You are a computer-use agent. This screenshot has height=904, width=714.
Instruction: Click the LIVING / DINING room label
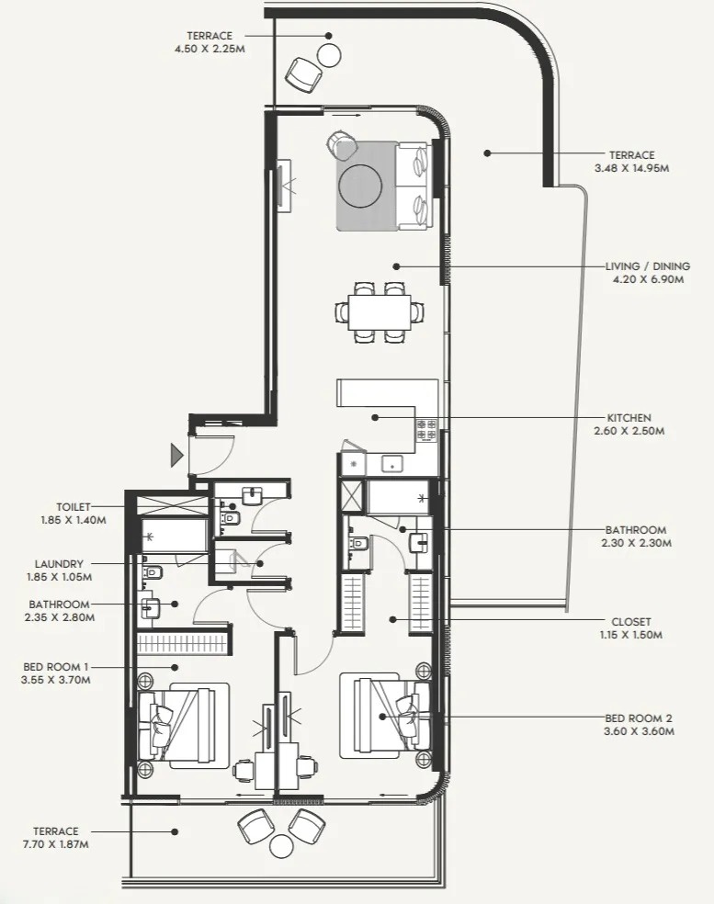click(x=644, y=266)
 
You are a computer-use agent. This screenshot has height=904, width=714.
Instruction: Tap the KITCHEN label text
click(x=629, y=417)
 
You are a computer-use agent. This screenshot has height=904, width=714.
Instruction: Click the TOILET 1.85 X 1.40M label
click(x=74, y=513)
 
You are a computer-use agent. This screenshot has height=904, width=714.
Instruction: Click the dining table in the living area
click(x=380, y=312)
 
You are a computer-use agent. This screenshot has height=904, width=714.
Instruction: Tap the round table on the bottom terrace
click(x=281, y=845)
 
